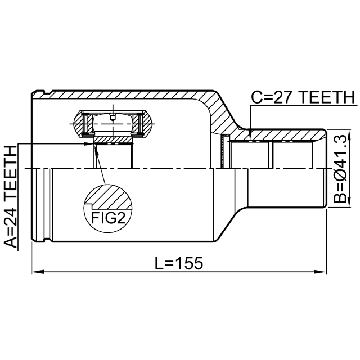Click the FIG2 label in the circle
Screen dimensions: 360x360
[107, 218]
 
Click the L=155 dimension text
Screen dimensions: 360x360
[178, 263]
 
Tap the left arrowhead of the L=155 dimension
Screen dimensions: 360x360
[35, 273]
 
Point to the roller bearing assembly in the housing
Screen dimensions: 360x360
[112, 124]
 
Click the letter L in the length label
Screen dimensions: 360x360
[158, 263]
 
